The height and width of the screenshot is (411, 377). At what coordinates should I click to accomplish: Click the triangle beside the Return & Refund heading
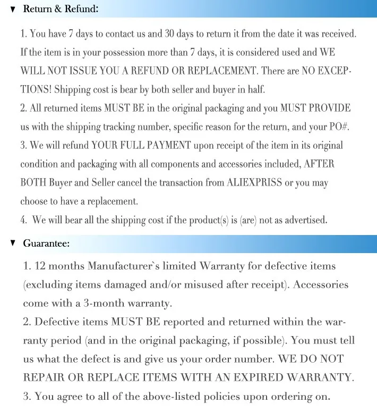pos(13,10)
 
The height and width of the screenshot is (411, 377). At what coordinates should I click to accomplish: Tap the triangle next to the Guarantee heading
pos(13,244)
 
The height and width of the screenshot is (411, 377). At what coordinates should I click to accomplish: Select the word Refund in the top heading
pos(82,10)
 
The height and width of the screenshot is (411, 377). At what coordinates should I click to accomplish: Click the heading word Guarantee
pos(46,244)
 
